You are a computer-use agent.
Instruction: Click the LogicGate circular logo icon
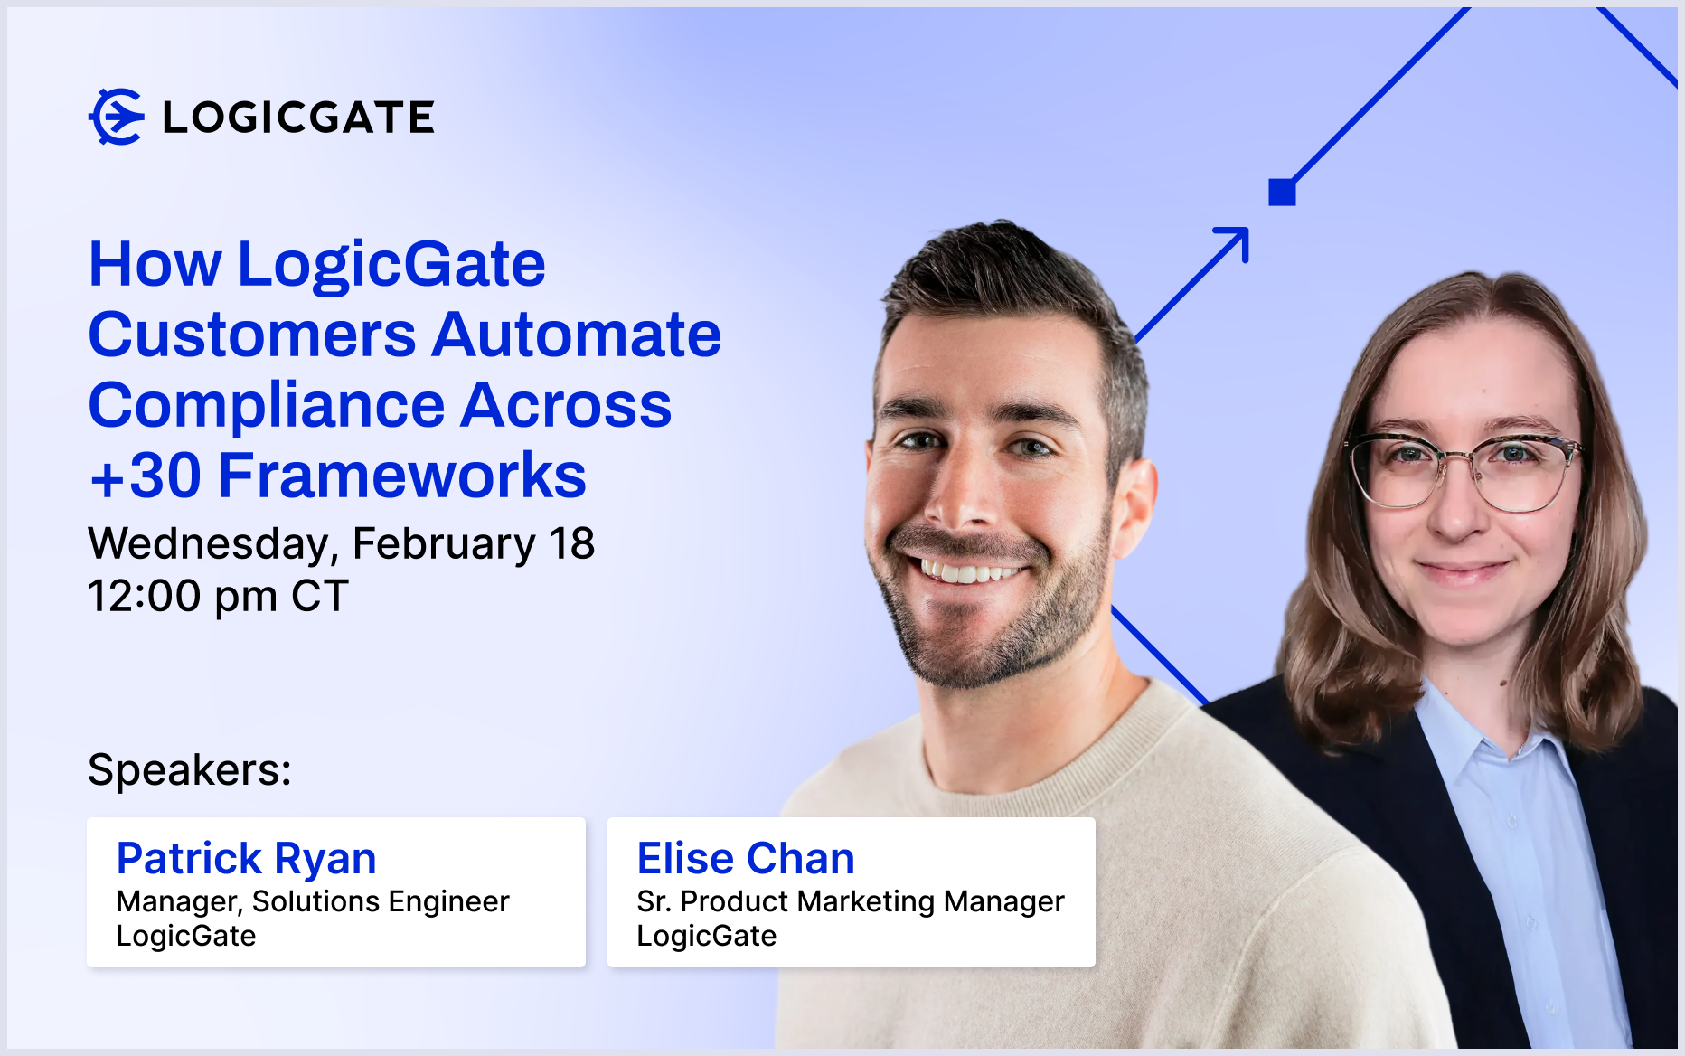tap(116, 117)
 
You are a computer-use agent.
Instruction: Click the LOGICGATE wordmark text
tap(298, 118)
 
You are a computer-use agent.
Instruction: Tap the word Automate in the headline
tap(577, 335)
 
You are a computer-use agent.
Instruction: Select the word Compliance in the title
tap(267, 406)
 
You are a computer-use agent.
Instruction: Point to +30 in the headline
tap(146, 476)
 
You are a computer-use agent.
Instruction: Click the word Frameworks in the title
tap(402, 476)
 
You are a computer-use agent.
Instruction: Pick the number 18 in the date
tap(571, 543)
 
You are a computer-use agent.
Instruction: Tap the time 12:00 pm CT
tap(218, 596)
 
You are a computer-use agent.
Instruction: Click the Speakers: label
tap(190, 770)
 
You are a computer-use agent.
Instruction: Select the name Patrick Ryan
tap(247, 859)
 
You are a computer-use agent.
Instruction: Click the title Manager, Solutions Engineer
tap(313, 902)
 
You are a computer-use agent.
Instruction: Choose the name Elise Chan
tap(746, 858)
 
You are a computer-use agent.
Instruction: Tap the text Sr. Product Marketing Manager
tap(851, 902)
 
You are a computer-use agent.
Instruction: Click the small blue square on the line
tap(1282, 193)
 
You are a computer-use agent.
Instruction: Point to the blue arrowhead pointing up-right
tap(1232, 244)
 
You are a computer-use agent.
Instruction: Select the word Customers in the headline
tap(252, 335)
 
